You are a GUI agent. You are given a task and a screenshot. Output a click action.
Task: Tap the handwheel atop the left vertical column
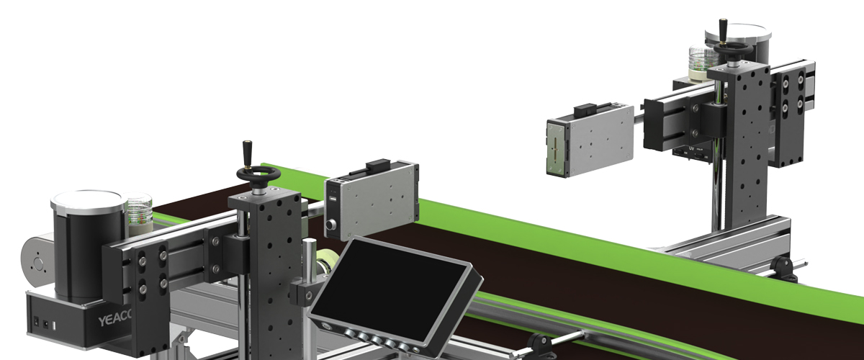coord(258,175)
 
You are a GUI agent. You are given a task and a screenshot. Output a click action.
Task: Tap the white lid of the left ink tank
coord(86,201)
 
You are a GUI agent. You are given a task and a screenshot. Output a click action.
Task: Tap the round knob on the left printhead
coord(332,225)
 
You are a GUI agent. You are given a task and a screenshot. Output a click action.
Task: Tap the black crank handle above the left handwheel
coord(246,153)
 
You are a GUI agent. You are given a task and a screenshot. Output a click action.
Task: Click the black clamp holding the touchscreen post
coord(302,294)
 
